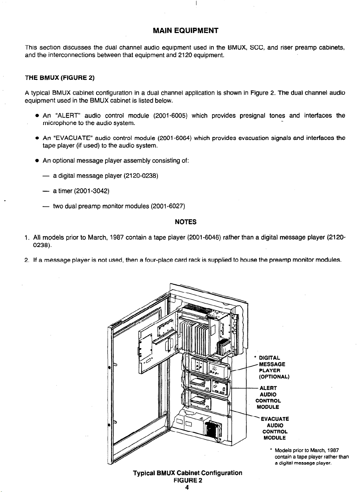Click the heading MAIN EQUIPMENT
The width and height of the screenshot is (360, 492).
click(185, 31)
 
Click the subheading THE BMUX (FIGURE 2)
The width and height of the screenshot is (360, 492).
click(56, 78)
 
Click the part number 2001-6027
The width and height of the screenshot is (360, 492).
click(168, 206)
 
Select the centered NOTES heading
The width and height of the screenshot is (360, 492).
click(185, 222)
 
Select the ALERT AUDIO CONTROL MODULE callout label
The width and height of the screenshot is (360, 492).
click(269, 397)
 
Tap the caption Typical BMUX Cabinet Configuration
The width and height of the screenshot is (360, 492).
click(187, 473)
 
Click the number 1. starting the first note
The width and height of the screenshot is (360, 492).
click(26, 237)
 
